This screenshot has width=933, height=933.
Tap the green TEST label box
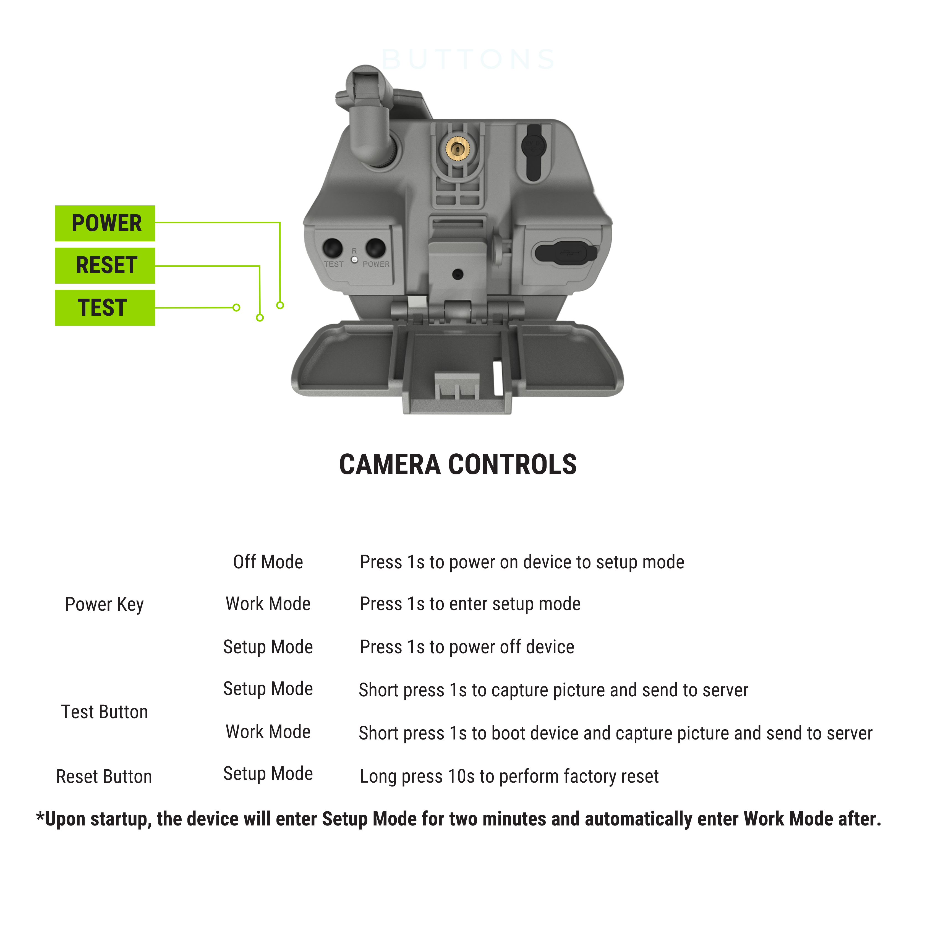105,308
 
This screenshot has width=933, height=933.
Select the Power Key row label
104,604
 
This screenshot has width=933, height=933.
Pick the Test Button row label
104,712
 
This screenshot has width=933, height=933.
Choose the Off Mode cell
268,562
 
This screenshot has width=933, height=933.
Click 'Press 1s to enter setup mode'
470,604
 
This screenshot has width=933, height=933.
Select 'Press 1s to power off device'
467,647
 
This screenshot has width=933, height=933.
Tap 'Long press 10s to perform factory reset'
509,776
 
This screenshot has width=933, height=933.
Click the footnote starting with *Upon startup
459,819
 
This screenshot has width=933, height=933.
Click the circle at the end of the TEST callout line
236,308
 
